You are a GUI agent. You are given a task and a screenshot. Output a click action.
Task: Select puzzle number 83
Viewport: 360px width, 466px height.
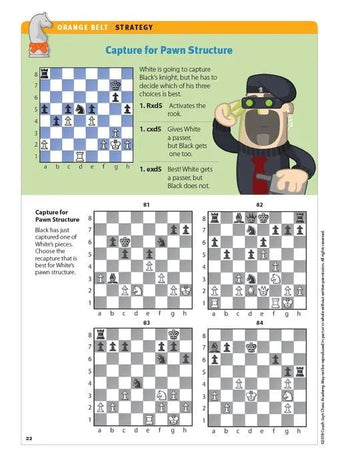click(x=146, y=323)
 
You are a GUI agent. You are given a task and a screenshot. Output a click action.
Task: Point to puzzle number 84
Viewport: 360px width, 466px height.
click(x=259, y=323)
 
